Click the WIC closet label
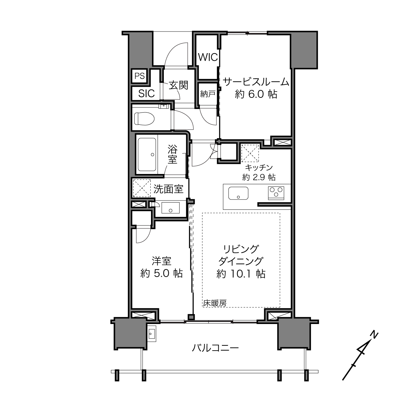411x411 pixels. click(208, 57)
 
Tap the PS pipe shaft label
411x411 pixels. click(140, 76)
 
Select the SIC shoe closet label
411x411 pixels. click(146, 94)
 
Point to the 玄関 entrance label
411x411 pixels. click(179, 85)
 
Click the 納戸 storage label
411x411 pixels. click(207, 94)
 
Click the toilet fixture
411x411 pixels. click(144, 119)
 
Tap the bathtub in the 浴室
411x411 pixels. click(147, 154)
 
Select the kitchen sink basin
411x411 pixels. click(238, 193)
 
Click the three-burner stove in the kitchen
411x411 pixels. click(276, 193)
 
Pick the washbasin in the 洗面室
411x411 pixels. click(170, 208)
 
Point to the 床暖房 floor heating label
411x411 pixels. click(215, 303)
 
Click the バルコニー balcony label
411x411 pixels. click(215, 348)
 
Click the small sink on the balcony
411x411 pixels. click(152, 334)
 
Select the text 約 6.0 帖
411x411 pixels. click(256, 94)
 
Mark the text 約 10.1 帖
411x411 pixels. click(241, 274)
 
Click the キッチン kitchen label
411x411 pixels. click(259, 167)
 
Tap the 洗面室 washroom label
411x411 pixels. click(168, 189)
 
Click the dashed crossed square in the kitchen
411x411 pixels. click(250, 153)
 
